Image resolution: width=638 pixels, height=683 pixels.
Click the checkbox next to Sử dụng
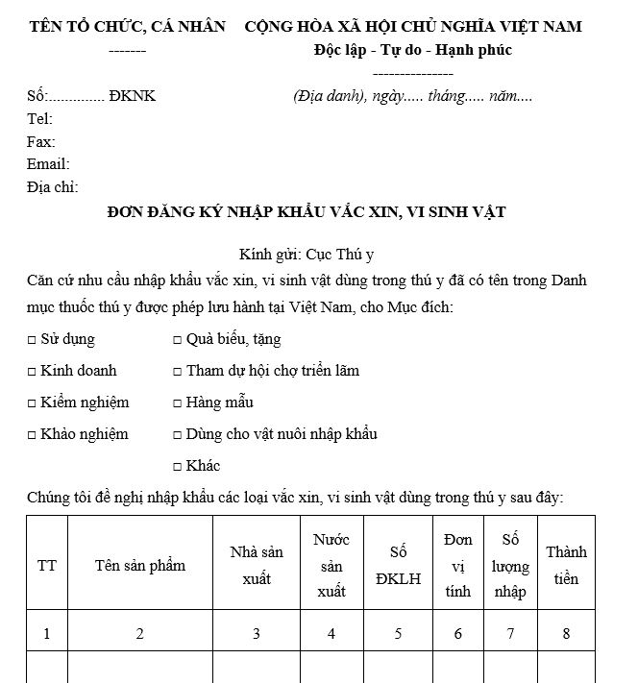32,340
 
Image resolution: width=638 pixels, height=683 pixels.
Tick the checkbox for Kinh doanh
32,371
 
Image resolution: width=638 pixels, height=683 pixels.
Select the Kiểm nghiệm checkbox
32,402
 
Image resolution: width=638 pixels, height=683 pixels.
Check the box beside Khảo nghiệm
32,434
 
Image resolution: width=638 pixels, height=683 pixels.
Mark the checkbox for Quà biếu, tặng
178,340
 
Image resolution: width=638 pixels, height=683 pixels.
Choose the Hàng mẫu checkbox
178,402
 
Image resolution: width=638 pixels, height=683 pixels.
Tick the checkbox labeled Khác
178,466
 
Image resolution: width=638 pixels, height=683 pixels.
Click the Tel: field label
39,119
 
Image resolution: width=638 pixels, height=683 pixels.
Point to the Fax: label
40,142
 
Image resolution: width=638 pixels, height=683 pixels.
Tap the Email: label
48,164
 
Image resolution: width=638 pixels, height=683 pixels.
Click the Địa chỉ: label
52,187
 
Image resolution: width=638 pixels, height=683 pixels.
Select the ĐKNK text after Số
133,96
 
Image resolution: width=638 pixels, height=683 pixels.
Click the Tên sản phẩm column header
140,565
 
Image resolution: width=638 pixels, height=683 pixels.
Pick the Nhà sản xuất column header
257,565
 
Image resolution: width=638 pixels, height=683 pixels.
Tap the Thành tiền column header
566,565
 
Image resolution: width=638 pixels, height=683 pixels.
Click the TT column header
47,565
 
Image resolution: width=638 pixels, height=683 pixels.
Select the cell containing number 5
398,633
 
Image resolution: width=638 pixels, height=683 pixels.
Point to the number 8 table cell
566,633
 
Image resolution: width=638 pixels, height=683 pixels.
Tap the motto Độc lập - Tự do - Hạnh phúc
412,50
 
